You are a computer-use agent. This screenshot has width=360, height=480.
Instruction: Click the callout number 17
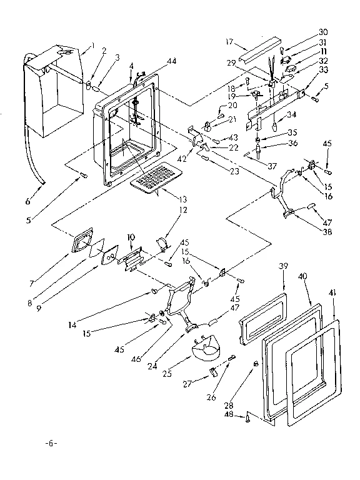229,42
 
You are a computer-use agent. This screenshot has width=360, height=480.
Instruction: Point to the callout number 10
131,237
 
